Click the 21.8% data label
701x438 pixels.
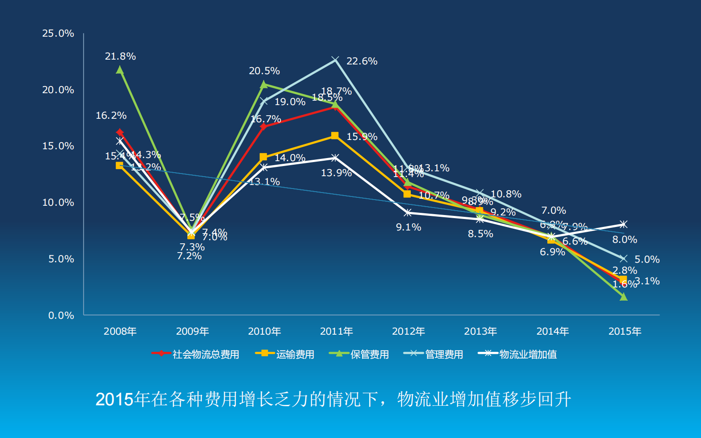click(x=120, y=57)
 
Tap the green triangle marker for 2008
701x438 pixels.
click(x=120, y=70)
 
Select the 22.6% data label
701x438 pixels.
click(x=362, y=61)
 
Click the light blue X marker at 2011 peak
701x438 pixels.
click(x=335, y=60)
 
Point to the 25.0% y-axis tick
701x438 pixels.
click(x=58, y=34)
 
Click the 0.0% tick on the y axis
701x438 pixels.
click(x=61, y=315)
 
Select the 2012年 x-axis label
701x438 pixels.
click(x=408, y=331)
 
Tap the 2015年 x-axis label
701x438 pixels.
click(x=625, y=331)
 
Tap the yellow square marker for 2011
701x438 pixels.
click(x=335, y=136)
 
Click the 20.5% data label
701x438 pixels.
click(x=264, y=71)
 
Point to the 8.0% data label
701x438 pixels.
click(x=625, y=240)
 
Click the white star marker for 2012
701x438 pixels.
click(x=408, y=213)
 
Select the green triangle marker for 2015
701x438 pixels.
click(x=623, y=297)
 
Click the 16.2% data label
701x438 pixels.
click(x=111, y=116)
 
